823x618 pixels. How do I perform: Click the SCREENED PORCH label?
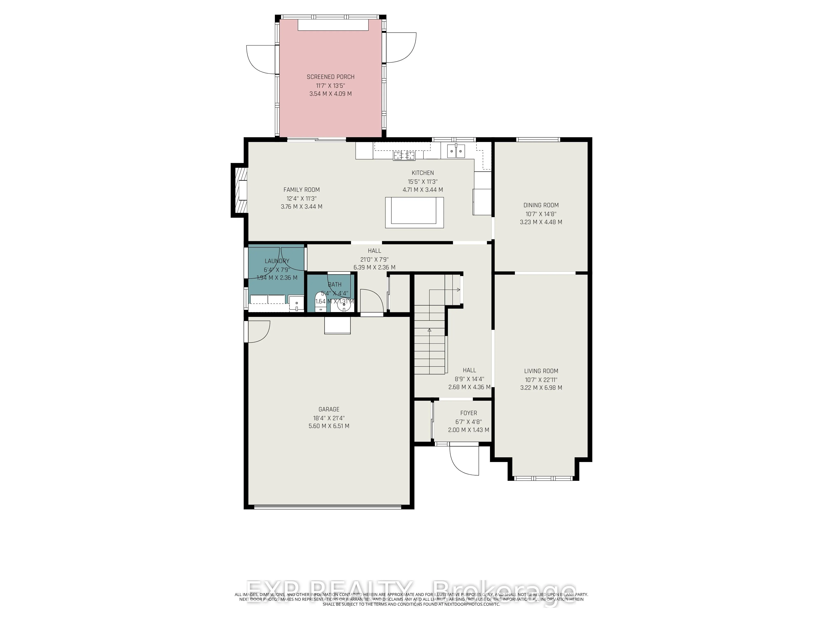click(x=330, y=77)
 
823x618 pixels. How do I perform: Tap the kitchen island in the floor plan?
click(x=414, y=212)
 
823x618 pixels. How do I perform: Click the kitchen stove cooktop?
click(x=404, y=155)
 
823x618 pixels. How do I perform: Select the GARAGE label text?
click(x=329, y=409)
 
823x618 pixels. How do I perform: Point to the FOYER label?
click(x=468, y=413)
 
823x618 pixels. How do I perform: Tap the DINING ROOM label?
click(x=541, y=205)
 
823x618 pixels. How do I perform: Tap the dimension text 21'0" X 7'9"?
click(x=374, y=259)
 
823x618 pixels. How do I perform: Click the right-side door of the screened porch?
click(x=401, y=48)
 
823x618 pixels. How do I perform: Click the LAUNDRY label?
click(x=277, y=261)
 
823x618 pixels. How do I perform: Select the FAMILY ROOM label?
click(x=301, y=190)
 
